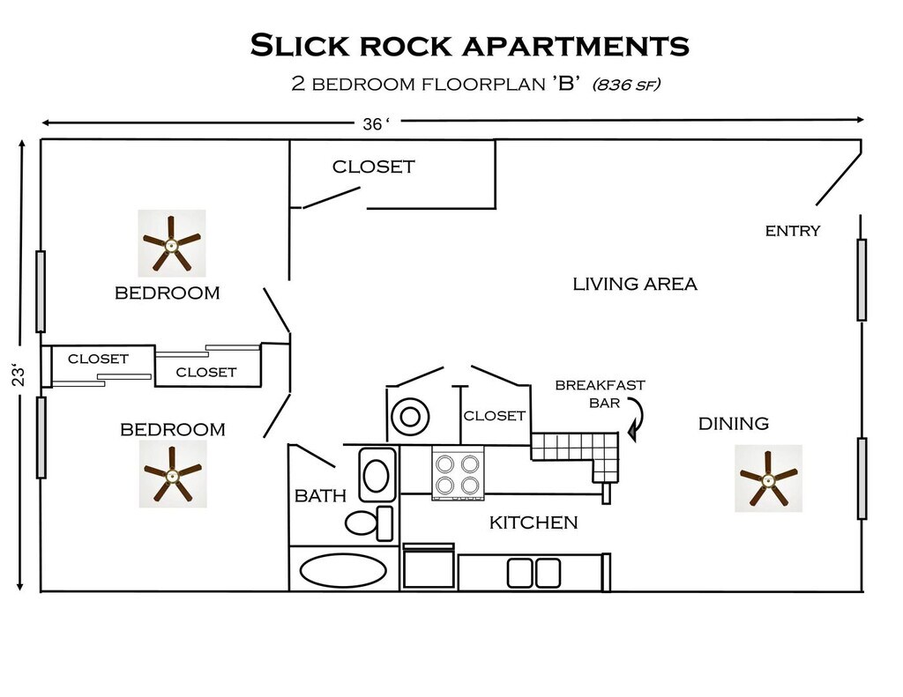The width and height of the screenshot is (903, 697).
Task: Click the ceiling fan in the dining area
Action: pyautogui.click(x=768, y=478)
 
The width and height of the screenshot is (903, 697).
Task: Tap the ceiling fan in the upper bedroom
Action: pyautogui.click(x=172, y=243)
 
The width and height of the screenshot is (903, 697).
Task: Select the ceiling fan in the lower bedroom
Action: pyautogui.click(x=173, y=474)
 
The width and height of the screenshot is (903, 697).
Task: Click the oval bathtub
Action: pyautogui.click(x=343, y=570)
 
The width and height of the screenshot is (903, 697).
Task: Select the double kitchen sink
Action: pyautogui.click(x=534, y=573)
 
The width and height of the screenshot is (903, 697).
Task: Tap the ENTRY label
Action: pyautogui.click(x=793, y=231)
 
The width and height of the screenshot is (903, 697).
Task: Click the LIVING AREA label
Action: pyautogui.click(x=635, y=284)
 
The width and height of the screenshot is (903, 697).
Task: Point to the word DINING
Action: pyautogui.click(x=733, y=424)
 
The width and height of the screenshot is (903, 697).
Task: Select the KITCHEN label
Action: pyautogui.click(x=534, y=523)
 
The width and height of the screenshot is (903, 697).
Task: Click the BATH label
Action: pyautogui.click(x=320, y=495)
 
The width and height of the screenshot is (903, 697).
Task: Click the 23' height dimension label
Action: pyautogui.click(x=19, y=374)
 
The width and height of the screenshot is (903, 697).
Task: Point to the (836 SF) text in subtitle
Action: pyautogui.click(x=626, y=85)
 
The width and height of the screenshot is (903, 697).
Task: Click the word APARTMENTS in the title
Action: pyautogui.click(x=577, y=46)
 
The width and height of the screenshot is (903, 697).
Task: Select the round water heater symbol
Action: pyautogui.click(x=409, y=417)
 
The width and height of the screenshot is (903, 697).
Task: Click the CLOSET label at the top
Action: pyautogui.click(x=373, y=167)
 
